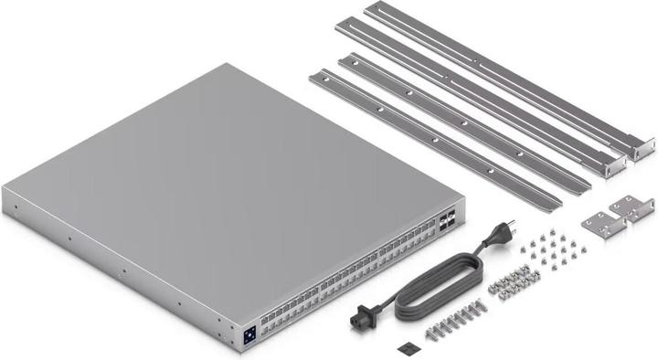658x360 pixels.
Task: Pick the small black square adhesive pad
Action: click(x=407, y=348)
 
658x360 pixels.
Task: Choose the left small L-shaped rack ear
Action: click(x=598, y=221)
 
